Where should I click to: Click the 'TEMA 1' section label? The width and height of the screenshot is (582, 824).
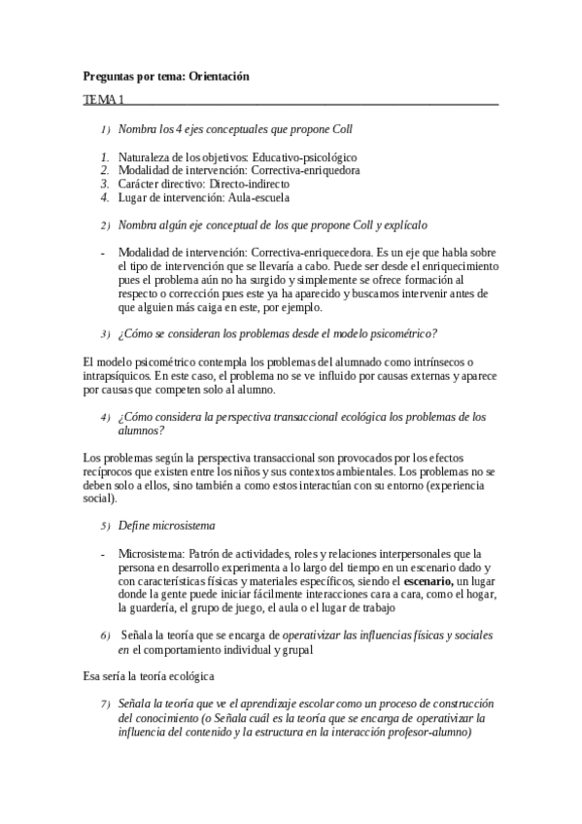click(104, 100)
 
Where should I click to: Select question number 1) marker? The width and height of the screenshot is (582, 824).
click(105, 129)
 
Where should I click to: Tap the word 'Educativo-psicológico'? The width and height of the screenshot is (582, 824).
click(304, 156)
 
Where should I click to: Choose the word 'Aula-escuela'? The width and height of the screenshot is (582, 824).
click(258, 196)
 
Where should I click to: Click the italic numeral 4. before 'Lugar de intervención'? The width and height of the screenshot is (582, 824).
click(104, 196)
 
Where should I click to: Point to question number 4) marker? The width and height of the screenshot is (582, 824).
click(105, 416)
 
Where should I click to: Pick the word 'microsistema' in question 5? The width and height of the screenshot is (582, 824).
click(173, 526)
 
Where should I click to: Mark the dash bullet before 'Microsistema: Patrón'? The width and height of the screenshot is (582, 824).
click(104, 553)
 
